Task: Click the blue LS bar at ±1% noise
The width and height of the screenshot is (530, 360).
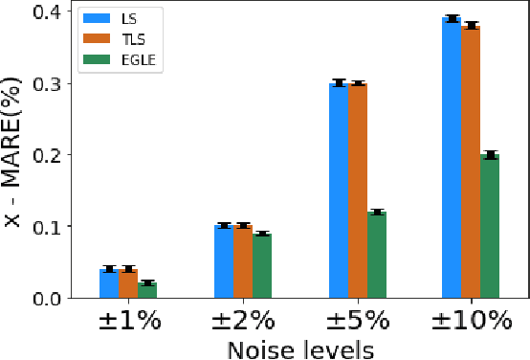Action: click(x=109, y=284)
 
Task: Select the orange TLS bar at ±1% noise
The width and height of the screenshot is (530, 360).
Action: click(x=128, y=284)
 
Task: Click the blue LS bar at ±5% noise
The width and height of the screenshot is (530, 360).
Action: click(x=339, y=191)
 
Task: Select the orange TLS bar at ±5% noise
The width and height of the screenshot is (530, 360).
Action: click(x=358, y=191)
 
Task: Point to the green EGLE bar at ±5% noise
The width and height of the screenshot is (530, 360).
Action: click(x=377, y=256)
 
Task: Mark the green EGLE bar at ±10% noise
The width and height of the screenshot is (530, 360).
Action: click(x=490, y=227)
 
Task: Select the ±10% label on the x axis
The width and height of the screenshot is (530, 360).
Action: click(x=471, y=322)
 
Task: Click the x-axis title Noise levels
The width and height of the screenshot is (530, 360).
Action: click(x=299, y=349)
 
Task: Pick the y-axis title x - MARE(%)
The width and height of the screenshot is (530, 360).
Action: click(x=12, y=153)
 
